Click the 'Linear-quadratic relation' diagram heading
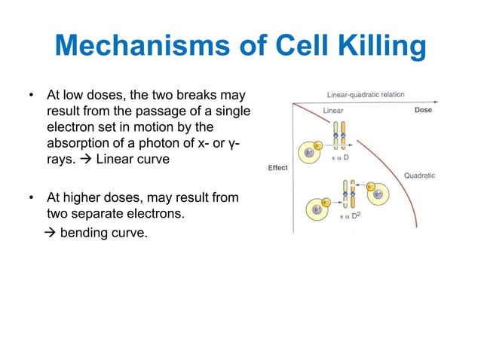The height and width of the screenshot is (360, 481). [x=366, y=95]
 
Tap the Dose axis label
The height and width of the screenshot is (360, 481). [x=423, y=110]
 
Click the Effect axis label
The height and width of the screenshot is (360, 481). [x=277, y=167]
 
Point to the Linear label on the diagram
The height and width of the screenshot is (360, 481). [x=333, y=110]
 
